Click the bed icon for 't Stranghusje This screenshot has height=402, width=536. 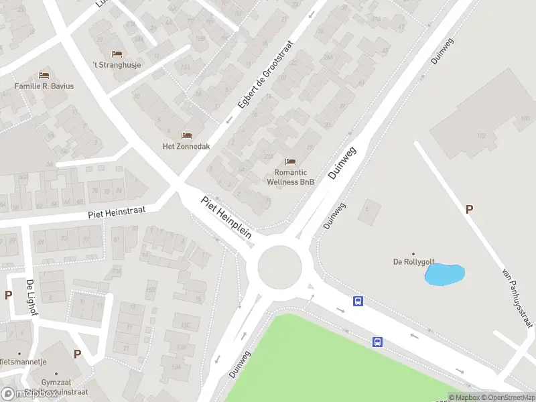tap(117, 54)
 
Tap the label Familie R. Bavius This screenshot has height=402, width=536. tap(44, 86)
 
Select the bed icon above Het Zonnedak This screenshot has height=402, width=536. tap(186, 135)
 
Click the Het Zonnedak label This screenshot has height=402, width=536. tap(186, 146)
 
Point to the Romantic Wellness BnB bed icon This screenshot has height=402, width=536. tap(290, 161)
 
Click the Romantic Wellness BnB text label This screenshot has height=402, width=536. tap(290, 177)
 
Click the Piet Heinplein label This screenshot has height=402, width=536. tap(226, 216)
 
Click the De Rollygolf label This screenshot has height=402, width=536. tap(413, 262)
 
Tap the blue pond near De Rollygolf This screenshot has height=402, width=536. tap(445, 274)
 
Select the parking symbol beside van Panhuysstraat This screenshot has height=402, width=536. tap(469, 210)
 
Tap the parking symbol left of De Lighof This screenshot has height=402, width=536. tap(9, 295)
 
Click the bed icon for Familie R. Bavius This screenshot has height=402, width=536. tap(44, 75)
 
